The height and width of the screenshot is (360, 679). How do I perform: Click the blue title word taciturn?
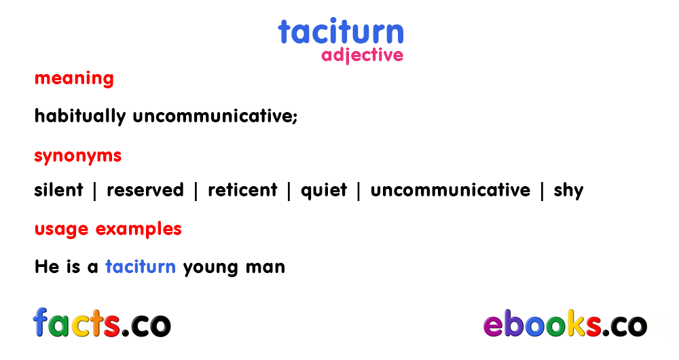click(341, 31)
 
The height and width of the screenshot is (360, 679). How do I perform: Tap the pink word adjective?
click(362, 56)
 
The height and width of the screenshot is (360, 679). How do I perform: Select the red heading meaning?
click(74, 79)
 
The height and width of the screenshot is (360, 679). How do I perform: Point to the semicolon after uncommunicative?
click(295, 118)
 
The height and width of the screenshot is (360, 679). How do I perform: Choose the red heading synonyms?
click(78, 156)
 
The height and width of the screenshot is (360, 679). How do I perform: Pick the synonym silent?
click(58, 190)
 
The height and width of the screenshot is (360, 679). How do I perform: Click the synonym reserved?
click(145, 190)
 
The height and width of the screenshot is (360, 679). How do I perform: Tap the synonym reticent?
click(242, 190)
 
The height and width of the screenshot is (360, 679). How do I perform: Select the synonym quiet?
click(324, 191)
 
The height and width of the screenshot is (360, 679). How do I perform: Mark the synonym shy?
click(568, 191)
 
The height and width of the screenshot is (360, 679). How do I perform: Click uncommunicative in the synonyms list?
click(450, 190)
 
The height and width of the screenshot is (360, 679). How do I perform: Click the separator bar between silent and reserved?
click(95, 191)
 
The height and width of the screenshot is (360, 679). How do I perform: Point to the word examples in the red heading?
click(139, 230)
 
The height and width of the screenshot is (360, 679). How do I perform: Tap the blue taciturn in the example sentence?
click(141, 267)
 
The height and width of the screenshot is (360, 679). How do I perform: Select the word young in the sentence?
click(210, 268)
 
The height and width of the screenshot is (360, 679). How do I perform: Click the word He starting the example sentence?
click(47, 267)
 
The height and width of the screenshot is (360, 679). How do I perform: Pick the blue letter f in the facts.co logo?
click(40, 322)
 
